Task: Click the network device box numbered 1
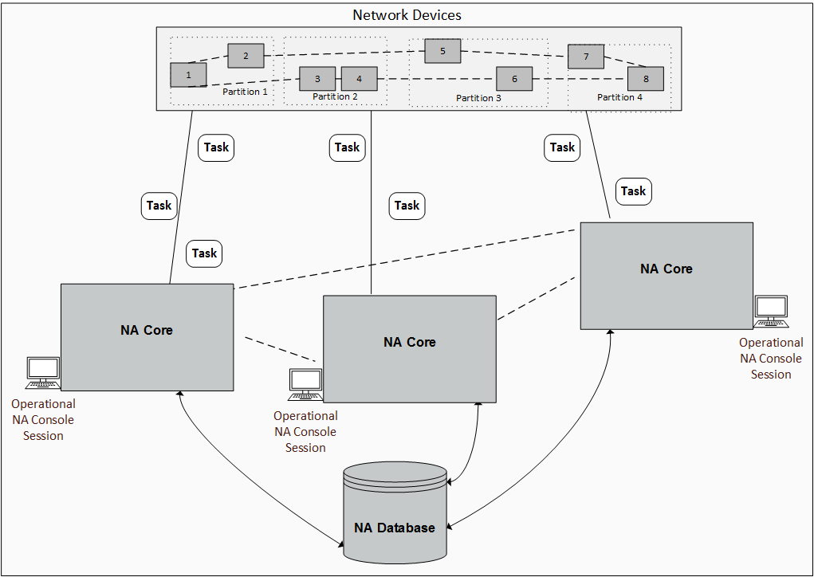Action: [x=188, y=75]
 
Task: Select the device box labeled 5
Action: [x=442, y=51]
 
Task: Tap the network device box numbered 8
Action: [x=646, y=79]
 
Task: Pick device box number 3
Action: [x=317, y=79]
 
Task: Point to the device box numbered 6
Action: [x=514, y=79]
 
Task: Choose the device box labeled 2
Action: [x=246, y=56]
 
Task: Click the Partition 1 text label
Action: [x=245, y=92]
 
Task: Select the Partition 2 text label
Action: [x=335, y=96]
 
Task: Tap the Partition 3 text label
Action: [x=478, y=98]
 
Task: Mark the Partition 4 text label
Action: [x=619, y=97]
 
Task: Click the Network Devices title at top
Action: [x=407, y=15]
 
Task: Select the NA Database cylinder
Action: [x=395, y=510]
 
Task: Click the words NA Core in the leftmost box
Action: [x=147, y=330]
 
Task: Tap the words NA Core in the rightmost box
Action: [x=667, y=269]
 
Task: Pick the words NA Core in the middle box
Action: [x=410, y=342]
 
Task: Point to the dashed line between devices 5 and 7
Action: [x=514, y=53]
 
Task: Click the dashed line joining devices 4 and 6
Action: [x=436, y=79]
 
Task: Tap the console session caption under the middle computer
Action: [x=305, y=432]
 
